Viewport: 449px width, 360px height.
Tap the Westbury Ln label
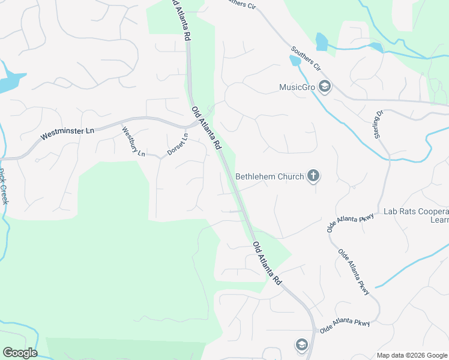point(133,141)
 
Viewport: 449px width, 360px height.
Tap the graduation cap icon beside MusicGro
point(325,87)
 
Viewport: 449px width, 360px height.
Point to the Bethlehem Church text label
point(269,176)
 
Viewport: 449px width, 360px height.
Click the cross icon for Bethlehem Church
point(312,176)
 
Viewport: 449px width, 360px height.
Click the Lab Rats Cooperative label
point(415,212)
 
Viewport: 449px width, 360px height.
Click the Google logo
point(20,352)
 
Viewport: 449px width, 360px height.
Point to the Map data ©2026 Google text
point(411,355)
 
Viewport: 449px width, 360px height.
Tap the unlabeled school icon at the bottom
point(301,344)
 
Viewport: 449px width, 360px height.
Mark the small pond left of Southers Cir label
point(295,60)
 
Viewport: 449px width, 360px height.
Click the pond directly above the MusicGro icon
point(322,41)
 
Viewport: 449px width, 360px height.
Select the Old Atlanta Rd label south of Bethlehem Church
point(267,263)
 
